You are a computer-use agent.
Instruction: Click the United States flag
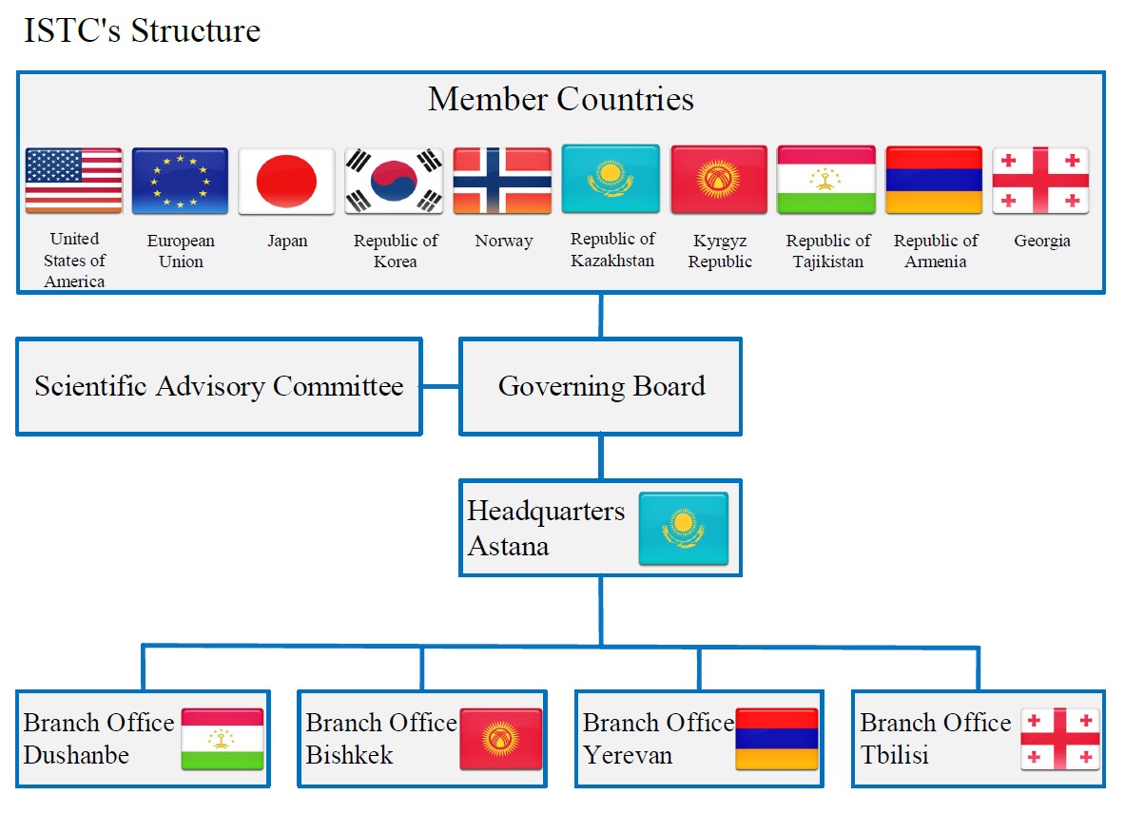(x=73, y=181)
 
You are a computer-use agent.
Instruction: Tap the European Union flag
(x=180, y=181)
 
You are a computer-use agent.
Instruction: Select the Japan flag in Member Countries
(x=286, y=181)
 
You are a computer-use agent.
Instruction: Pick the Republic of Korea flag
(x=394, y=181)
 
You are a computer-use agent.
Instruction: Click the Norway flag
(x=502, y=181)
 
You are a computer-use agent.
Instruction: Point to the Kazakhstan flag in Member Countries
(x=611, y=179)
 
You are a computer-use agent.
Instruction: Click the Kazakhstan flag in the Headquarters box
(x=683, y=529)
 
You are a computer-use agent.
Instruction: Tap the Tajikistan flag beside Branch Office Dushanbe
(x=223, y=739)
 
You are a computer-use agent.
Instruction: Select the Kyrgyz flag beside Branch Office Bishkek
(x=501, y=739)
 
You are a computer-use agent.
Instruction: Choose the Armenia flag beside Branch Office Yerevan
(x=777, y=739)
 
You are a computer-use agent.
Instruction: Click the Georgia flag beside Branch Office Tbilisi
(x=1059, y=739)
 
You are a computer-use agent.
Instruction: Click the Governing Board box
(x=601, y=387)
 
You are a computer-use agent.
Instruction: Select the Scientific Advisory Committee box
(x=219, y=387)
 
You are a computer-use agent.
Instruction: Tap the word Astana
(x=508, y=547)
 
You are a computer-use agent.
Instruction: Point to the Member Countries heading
(x=561, y=99)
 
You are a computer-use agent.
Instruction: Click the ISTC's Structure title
(x=142, y=30)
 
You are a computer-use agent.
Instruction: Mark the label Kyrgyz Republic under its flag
(x=720, y=252)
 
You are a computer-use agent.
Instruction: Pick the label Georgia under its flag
(x=1042, y=241)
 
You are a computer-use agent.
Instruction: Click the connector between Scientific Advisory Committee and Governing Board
(x=441, y=387)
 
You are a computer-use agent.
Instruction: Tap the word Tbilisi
(x=894, y=755)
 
